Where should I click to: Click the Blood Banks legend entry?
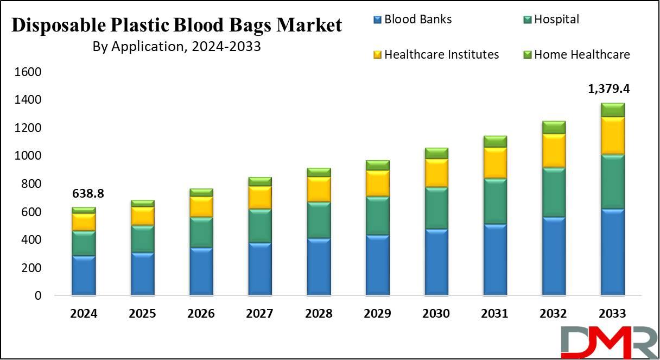coord(412,20)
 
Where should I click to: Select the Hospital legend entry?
coord(551,20)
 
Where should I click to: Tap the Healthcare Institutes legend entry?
coord(436,54)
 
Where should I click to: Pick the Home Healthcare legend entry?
coord(576,54)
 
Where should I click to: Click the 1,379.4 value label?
coord(609,89)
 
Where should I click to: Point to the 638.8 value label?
coord(88,193)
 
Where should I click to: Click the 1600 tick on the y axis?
coord(28,72)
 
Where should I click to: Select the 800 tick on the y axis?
coord(31,184)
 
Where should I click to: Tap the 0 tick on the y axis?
coord(38,295)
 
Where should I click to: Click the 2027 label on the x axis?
coord(259,313)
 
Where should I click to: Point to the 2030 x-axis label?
coord(436,313)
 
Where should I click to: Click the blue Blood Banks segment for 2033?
coord(613,252)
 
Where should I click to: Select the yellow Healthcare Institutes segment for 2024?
coord(84,222)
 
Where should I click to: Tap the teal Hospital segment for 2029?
coord(378,216)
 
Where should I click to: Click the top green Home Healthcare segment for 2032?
coord(554,128)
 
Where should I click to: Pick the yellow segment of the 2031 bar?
coord(495,163)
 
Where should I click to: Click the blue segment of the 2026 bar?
coord(201,271)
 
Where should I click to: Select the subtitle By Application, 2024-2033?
coord(177,47)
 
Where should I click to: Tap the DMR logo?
coord(610,342)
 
